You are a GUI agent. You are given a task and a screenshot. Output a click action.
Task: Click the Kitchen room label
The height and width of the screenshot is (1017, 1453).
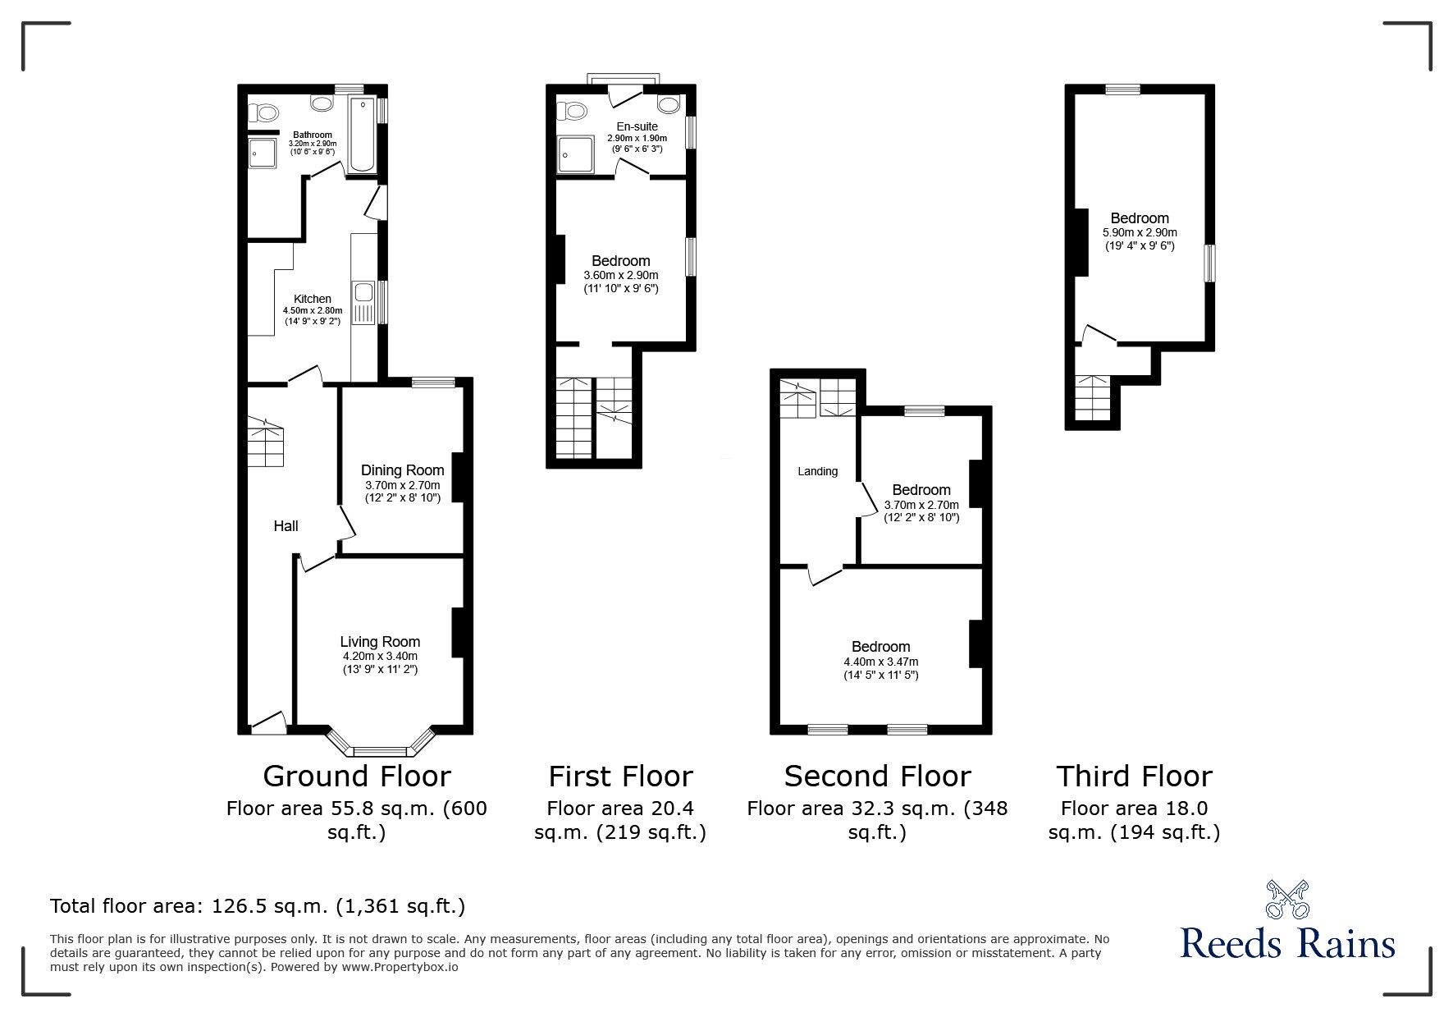313,299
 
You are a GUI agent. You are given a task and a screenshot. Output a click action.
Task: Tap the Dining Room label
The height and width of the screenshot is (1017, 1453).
403,470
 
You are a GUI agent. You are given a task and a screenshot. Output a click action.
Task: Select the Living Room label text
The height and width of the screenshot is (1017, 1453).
380,642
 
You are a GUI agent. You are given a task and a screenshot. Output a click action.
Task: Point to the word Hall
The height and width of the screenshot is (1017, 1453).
286,526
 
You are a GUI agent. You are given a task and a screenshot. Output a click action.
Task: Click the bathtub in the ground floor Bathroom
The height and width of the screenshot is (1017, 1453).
362,135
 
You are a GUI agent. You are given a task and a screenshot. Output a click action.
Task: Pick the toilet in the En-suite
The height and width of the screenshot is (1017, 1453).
572,108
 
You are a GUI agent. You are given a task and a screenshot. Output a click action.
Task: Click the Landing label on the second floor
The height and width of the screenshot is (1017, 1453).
818,471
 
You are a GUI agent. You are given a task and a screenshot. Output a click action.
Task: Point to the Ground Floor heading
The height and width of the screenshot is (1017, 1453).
357,776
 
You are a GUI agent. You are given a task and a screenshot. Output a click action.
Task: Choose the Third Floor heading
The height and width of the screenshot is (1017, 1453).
1134,776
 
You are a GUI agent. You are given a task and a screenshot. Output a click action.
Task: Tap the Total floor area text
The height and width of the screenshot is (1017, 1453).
258,906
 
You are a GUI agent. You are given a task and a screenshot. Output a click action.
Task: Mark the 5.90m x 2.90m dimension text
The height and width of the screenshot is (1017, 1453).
1140,232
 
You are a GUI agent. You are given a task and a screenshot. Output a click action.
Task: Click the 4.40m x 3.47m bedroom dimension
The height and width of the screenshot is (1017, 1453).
880,662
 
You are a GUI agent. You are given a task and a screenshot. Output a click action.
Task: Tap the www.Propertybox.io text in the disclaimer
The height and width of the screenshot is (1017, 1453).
400,967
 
